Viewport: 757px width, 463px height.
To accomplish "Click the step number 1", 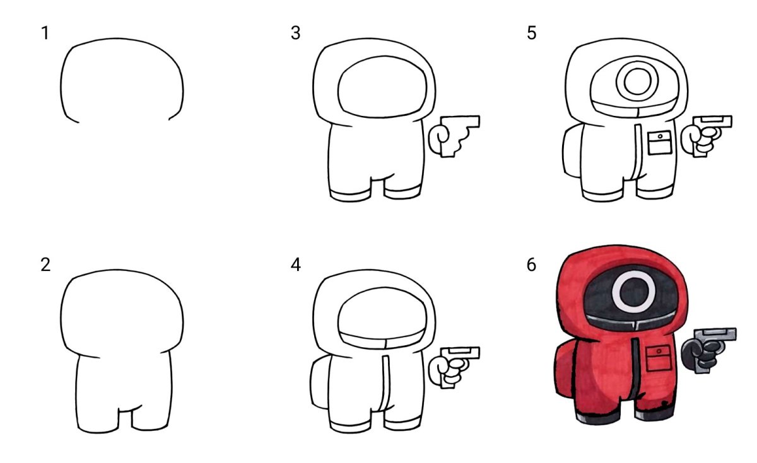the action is tap(45, 33).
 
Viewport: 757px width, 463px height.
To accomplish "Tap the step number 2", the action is tap(45, 265).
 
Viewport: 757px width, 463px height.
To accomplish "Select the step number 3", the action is tap(296, 33).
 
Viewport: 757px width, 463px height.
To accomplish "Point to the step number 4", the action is tap(296, 265).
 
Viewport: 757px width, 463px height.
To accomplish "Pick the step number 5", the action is tap(532, 33).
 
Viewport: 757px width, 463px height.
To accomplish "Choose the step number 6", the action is tap(531, 265).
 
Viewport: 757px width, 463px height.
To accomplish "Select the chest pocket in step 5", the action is tap(660, 143).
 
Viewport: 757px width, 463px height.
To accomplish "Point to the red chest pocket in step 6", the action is tap(659, 358).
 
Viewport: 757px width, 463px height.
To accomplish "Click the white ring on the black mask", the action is tap(633, 278).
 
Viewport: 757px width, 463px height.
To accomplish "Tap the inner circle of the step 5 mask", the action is tap(637, 82).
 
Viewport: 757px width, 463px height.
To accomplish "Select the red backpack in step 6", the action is tap(564, 370).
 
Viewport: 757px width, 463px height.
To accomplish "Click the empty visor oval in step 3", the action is tap(382, 87).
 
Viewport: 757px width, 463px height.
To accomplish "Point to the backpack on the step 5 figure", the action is tap(572, 150).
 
